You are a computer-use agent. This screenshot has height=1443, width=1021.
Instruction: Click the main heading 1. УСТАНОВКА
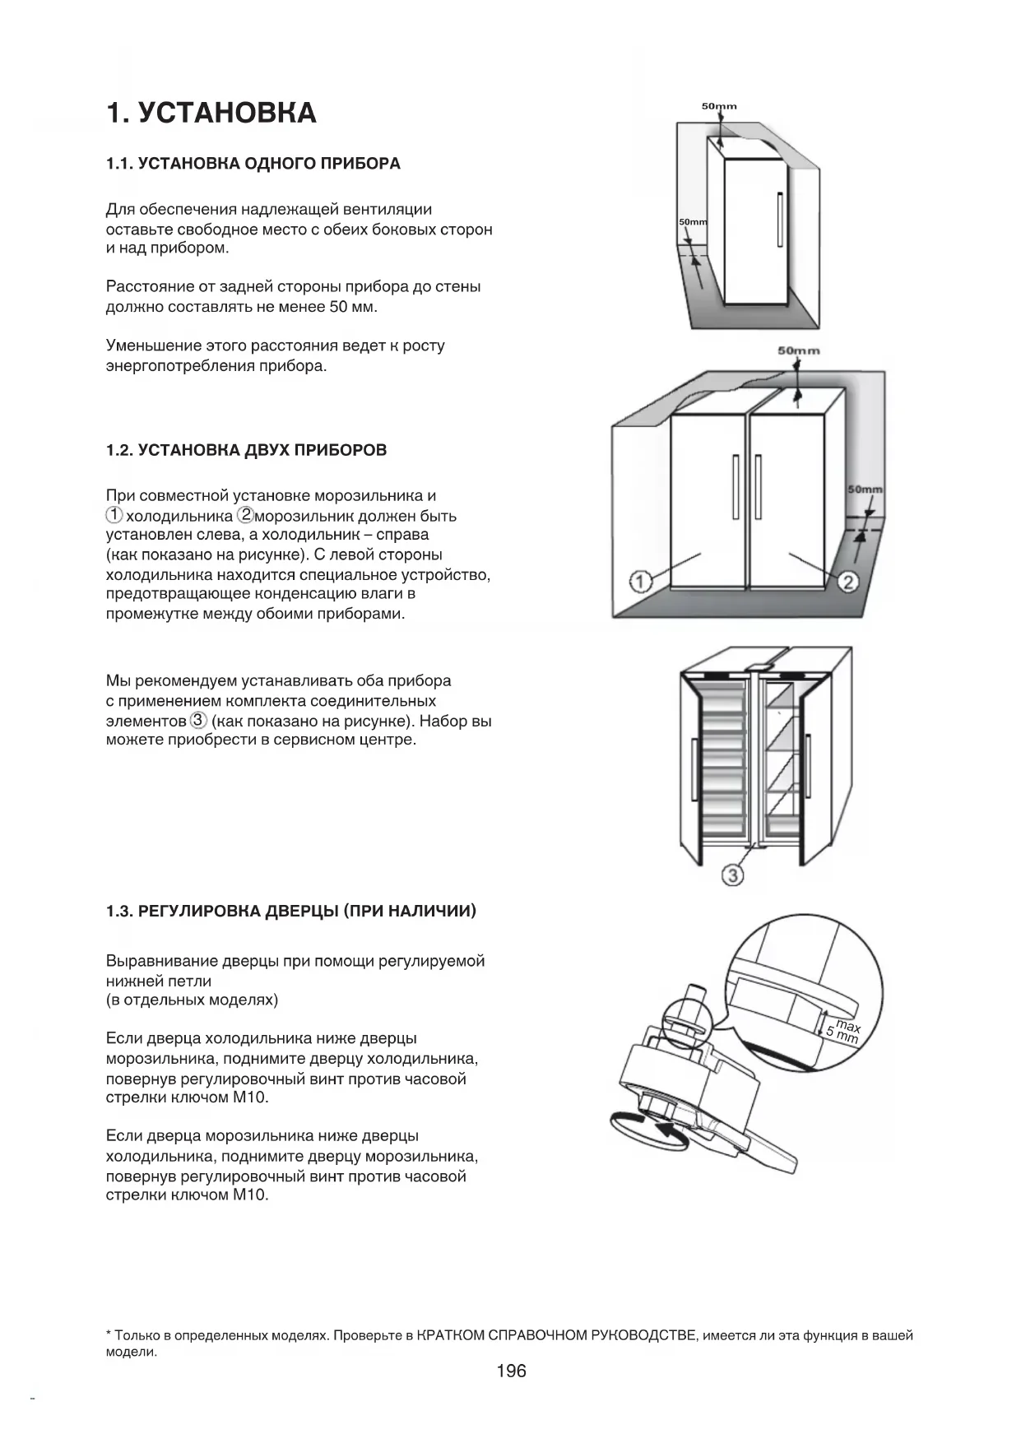click(211, 113)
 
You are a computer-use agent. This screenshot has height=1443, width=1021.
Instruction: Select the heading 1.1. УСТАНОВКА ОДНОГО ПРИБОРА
click(253, 164)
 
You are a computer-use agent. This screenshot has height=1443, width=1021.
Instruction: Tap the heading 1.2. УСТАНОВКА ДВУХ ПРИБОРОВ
click(246, 451)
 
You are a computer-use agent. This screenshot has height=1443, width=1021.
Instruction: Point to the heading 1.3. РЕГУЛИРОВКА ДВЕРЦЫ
click(291, 912)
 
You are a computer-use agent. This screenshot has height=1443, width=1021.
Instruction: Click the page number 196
click(511, 1371)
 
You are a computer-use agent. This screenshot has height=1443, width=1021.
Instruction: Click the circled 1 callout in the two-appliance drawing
click(641, 582)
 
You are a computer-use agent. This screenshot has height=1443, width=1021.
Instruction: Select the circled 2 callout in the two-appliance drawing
click(847, 582)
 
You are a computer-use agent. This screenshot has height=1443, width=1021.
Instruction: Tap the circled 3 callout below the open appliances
click(732, 875)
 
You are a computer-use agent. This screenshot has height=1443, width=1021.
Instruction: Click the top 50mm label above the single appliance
click(719, 106)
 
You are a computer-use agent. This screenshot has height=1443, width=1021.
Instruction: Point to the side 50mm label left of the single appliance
click(692, 223)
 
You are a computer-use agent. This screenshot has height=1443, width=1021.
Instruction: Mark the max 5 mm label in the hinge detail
click(844, 1032)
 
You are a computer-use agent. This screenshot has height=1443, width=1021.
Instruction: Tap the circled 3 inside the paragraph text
click(198, 721)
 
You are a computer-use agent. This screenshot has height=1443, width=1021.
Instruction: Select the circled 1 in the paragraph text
click(114, 516)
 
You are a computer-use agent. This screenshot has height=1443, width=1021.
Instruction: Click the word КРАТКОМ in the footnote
click(451, 1336)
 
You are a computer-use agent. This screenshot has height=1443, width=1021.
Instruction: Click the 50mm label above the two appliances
click(798, 351)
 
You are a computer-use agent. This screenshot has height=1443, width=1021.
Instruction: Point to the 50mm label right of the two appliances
click(865, 490)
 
